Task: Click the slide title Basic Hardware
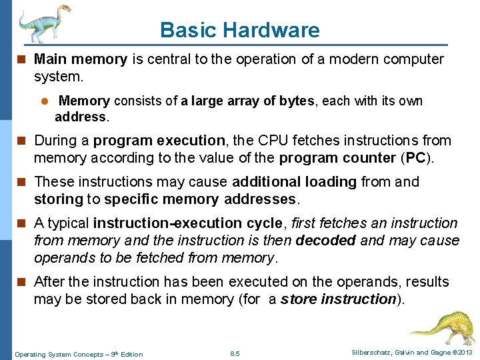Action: [239, 30]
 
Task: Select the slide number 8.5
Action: [234, 353]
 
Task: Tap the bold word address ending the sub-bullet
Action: [79, 117]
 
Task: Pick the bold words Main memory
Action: [80, 59]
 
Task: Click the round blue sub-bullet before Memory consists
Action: [46, 101]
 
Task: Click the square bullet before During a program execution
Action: [23, 141]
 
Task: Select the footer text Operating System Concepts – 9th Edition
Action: [79, 354]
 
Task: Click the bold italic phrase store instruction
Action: [339, 299]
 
